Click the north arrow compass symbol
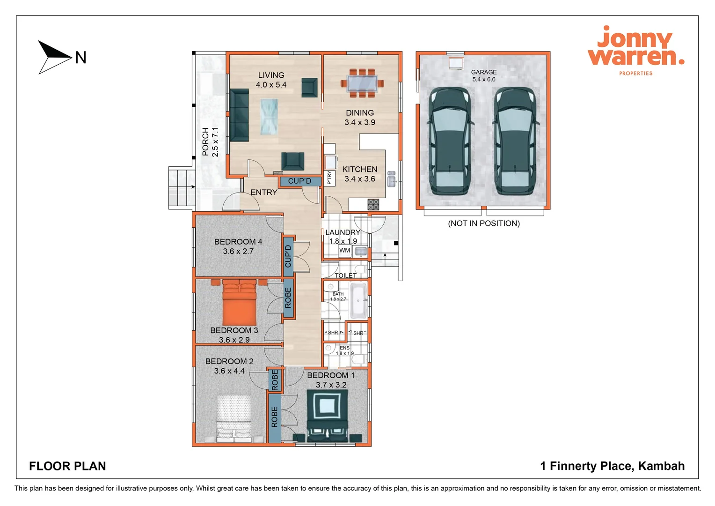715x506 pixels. [x=55, y=57]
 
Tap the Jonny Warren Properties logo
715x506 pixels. [x=635, y=50]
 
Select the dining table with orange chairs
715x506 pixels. [x=362, y=83]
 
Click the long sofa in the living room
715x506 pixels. [x=239, y=115]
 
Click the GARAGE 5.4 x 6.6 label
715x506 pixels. [x=484, y=76]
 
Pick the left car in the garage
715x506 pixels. [x=449, y=141]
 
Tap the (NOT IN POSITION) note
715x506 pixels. [x=484, y=223]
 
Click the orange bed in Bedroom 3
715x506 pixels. [x=239, y=303]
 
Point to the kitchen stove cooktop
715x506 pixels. [x=373, y=204]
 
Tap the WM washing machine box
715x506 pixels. [x=345, y=251]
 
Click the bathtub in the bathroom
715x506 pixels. [x=359, y=300]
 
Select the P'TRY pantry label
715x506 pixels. [x=329, y=178]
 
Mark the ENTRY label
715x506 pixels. [x=264, y=193]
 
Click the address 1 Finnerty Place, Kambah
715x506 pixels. [x=612, y=466]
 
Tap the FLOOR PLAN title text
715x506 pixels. [x=67, y=466]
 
